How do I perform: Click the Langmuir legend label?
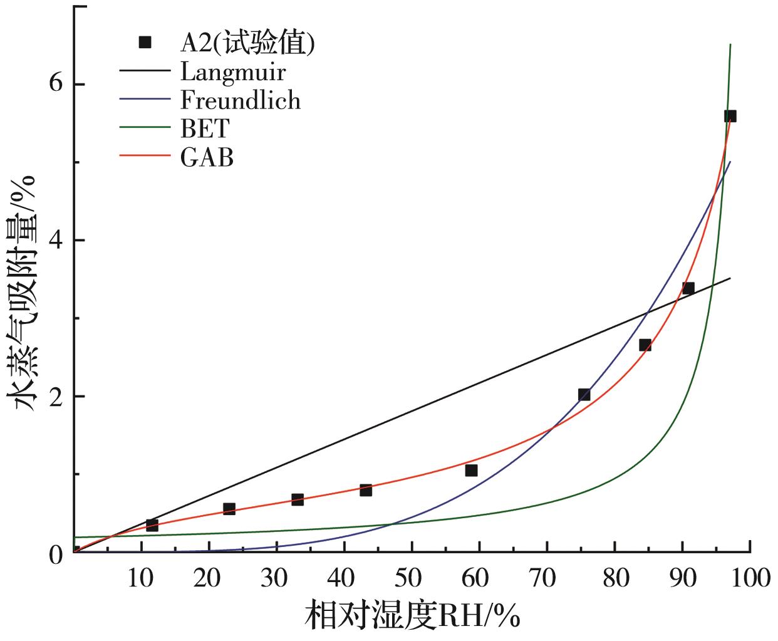click(x=233, y=72)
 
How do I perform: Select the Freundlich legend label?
click(x=241, y=100)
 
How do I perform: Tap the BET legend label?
click(x=205, y=128)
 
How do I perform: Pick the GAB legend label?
click(x=207, y=157)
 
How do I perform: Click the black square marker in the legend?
click(x=145, y=43)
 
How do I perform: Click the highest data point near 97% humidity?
click(x=730, y=116)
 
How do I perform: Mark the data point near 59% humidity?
click(x=472, y=470)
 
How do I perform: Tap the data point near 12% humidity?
click(x=152, y=525)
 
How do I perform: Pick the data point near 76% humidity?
click(x=584, y=395)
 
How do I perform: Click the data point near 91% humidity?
click(x=688, y=288)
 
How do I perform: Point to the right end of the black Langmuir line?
click(x=730, y=278)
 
